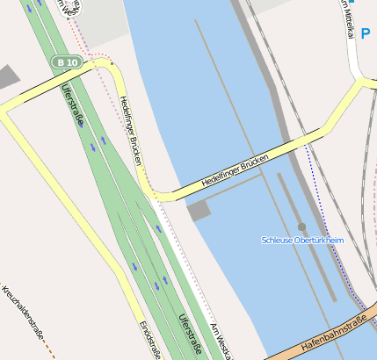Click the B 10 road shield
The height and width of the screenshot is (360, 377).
pyautogui.click(x=67, y=62)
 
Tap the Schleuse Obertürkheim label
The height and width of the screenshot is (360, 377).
pyautogui.click(x=302, y=240)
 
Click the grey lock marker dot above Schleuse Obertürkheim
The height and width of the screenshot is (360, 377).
pyautogui.click(x=302, y=227)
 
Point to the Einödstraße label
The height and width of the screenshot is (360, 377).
pyautogui.click(x=149, y=338)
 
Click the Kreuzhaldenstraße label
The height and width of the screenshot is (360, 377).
pyautogui.click(x=24, y=312)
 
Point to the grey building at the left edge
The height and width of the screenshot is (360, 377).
pyautogui.click(x=7, y=76)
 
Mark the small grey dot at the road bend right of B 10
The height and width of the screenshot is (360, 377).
pyautogui.click(x=112, y=64)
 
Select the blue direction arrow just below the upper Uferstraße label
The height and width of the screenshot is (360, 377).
pyautogui.click(x=80, y=124)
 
